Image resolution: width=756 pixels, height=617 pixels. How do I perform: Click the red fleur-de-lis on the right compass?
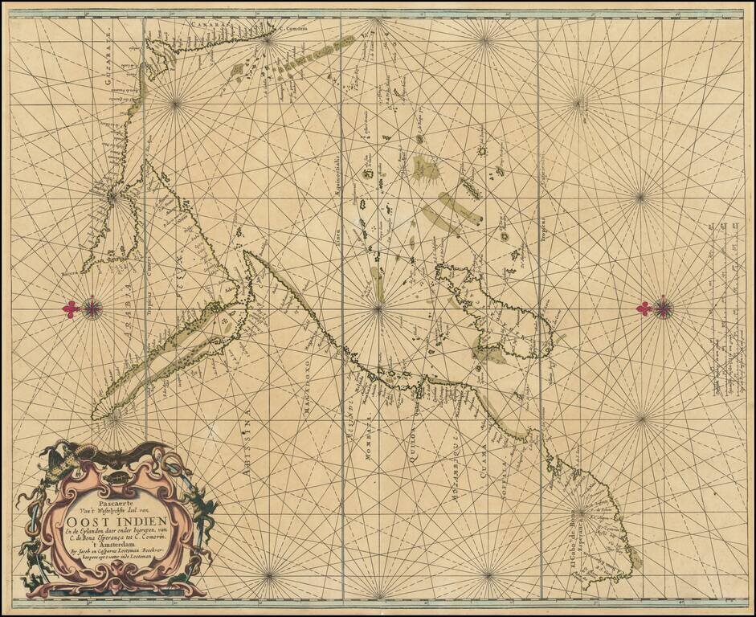pyautogui.click(x=644, y=308)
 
